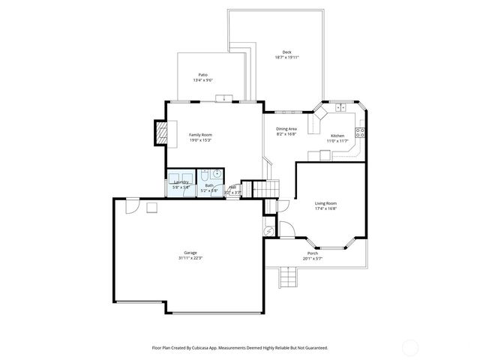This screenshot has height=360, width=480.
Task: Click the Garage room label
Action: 190,253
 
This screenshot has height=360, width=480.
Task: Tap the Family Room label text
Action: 199,134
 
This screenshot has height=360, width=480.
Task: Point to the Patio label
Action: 202,75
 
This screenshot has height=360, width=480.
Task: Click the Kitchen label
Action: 337,136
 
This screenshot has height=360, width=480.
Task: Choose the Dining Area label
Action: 286,128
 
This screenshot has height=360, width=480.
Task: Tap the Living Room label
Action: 325,203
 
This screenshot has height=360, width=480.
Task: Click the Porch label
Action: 312,253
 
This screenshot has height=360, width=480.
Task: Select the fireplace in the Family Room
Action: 159,133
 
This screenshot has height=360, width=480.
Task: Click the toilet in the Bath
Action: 203,178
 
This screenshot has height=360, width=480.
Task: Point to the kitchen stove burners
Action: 359,133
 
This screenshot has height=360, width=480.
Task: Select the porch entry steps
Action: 287,278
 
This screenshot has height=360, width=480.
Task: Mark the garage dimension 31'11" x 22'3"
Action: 190,258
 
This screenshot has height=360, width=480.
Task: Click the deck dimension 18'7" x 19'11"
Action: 286,57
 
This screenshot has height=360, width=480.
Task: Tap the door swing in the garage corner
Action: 133,204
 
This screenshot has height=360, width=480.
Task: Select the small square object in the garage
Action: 152,207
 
